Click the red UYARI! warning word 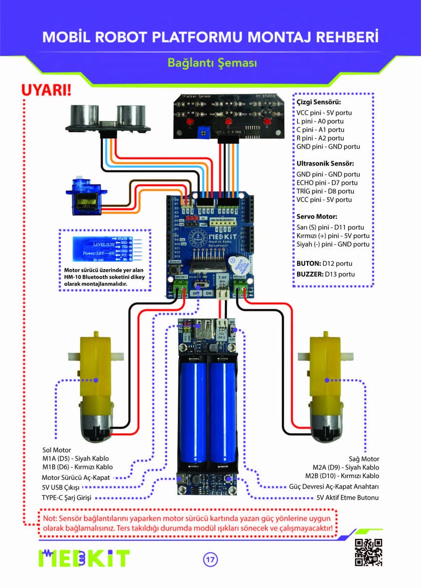[46, 91]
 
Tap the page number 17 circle [210, 559]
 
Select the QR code [369, 552]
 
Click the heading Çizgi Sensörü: [315, 102]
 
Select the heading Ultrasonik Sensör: [325, 163]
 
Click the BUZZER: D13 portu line [325, 274]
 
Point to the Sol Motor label [56, 450]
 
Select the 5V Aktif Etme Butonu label [348, 497]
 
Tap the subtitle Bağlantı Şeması [211, 63]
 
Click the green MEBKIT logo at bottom [84, 558]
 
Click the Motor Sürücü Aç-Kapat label [76, 478]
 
